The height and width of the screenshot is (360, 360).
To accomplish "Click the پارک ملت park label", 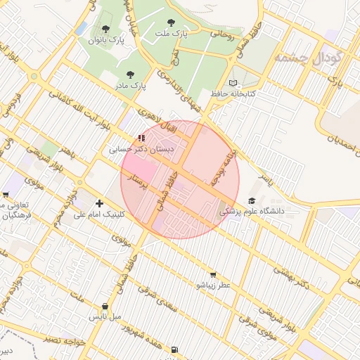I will pyautogui.click(x=173, y=32).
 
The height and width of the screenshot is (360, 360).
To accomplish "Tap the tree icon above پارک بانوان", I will pyautogui.click(x=105, y=29).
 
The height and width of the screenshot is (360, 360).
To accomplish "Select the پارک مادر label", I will pyautogui.click(x=130, y=85).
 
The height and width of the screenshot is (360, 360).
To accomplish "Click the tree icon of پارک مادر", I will pyautogui.click(x=130, y=74).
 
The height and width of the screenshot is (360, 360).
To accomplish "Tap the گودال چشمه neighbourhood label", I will pyautogui.click(x=308, y=56).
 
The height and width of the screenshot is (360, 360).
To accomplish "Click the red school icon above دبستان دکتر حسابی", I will pyautogui.click(x=141, y=138).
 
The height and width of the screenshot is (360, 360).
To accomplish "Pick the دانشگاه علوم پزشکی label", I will pyautogui.click(x=252, y=210).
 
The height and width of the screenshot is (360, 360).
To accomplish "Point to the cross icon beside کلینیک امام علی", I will pyautogui.click(x=100, y=204).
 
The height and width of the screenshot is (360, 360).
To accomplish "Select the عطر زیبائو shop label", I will pyautogui.click(x=213, y=285).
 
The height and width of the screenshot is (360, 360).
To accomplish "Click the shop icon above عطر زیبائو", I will pyautogui.click(x=213, y=275).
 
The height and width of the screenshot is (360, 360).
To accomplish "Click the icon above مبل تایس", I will pyautogui.click(x=105, y=307).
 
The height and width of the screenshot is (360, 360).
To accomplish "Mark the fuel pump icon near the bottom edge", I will pyautogui.click(x=174, y=349).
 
